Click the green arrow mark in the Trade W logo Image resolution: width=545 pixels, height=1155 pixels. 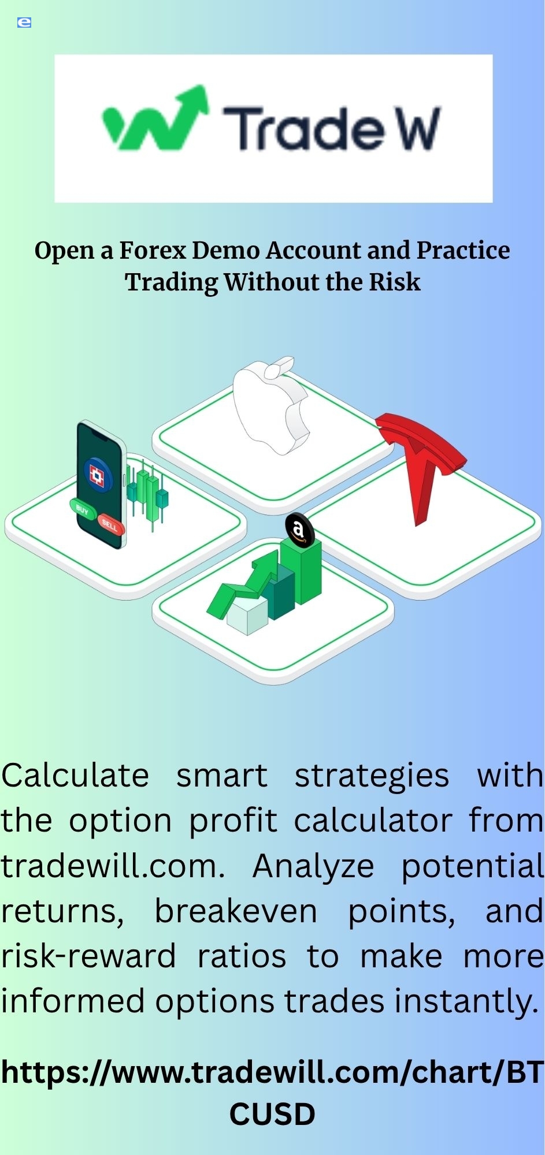[x=155, y=118]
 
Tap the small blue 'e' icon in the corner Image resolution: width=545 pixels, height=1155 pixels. [x=24, y=23]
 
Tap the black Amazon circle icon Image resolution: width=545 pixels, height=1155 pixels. [x=299, y=530]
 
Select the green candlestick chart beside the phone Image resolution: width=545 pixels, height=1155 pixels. [x=147, y=494]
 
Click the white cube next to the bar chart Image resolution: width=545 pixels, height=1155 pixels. [x=247, y=616]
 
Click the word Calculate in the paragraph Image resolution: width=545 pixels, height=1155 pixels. [x=75, y=776]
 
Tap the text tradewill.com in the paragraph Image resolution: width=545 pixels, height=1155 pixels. [x=113, y=866]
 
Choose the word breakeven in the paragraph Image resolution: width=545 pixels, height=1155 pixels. [x=236, y=911]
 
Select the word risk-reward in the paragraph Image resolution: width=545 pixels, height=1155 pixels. [x=88, y=956]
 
